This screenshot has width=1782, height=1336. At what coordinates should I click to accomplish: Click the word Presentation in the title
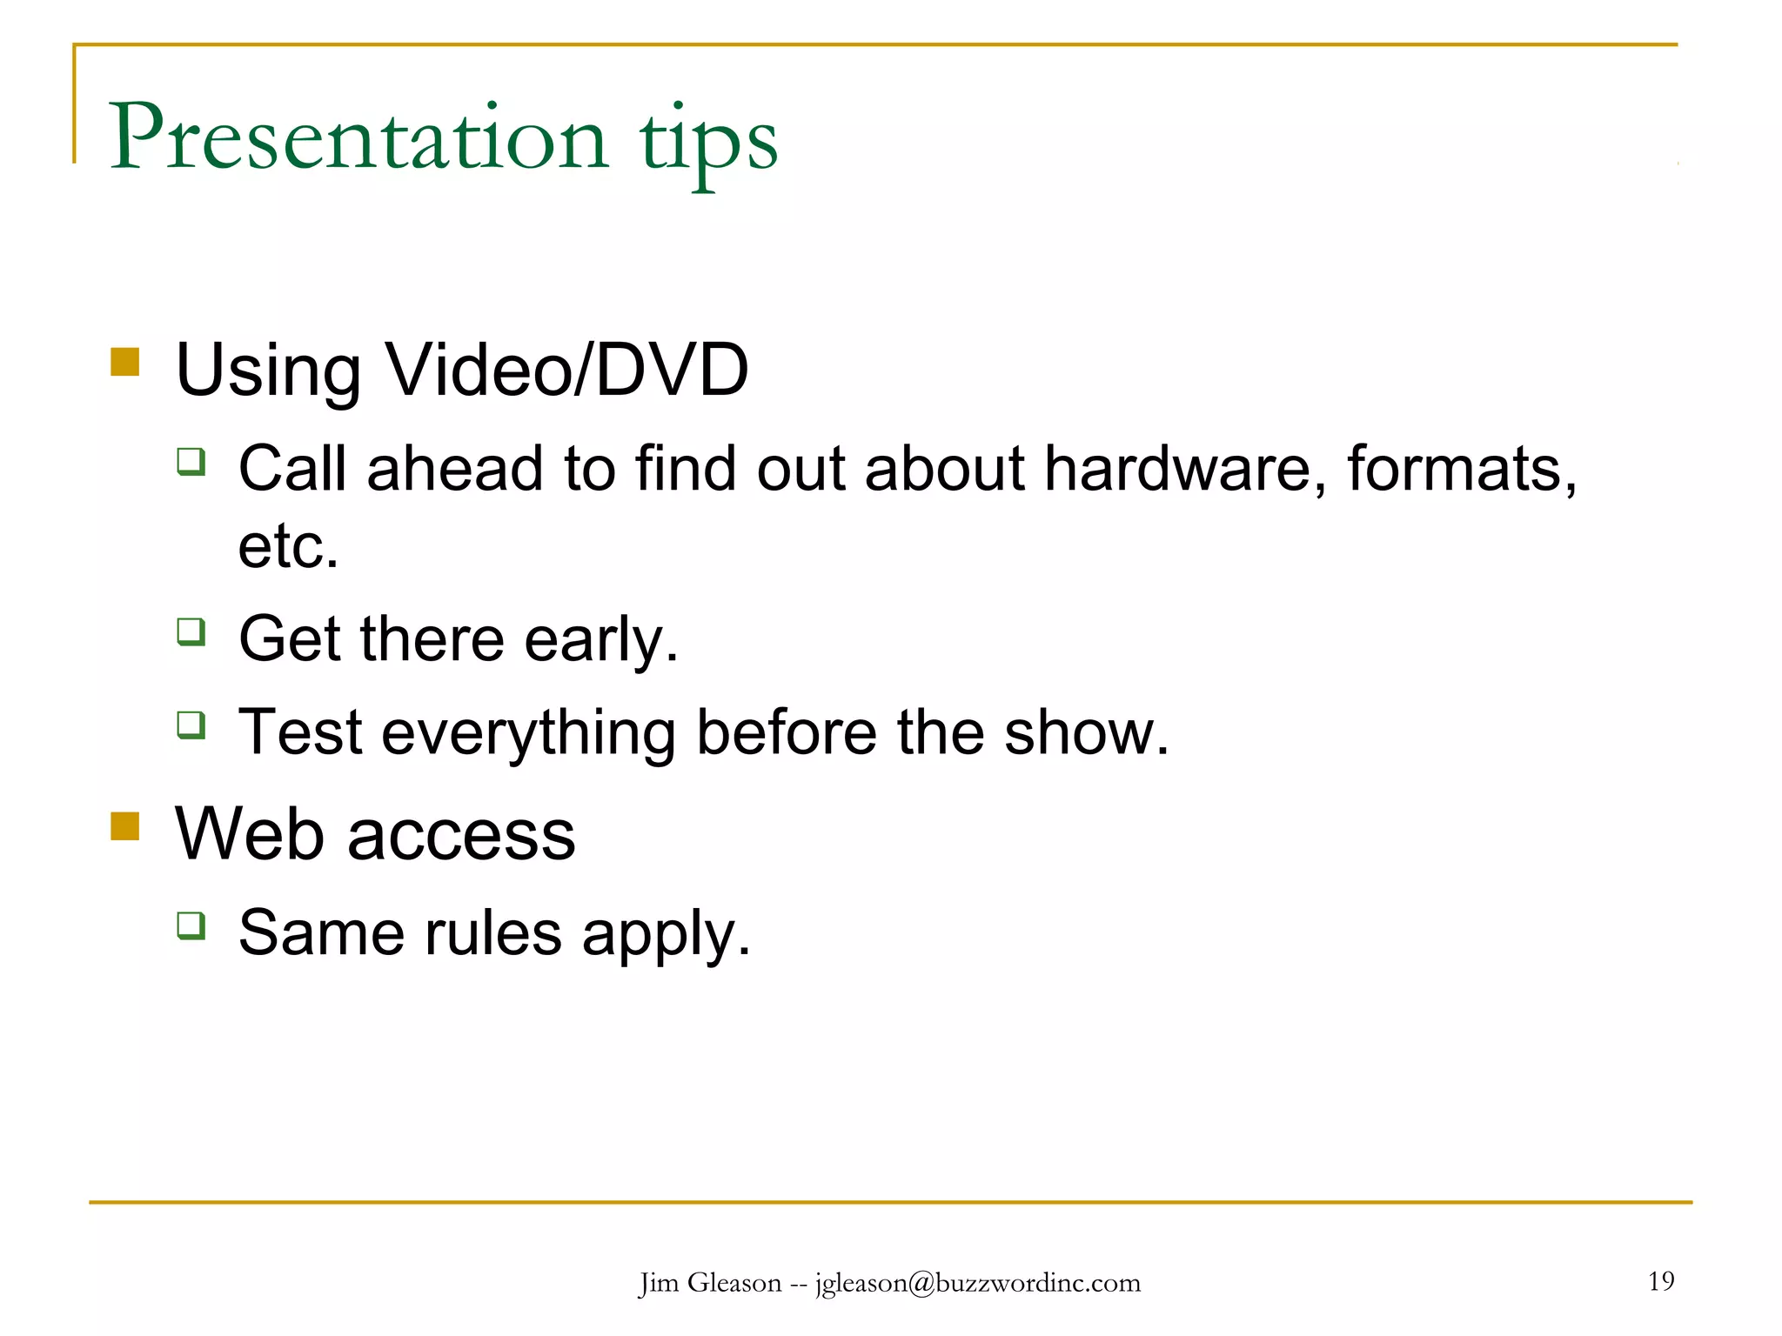(x=358, y=138)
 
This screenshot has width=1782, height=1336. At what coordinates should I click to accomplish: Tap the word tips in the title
(x=708, y=141)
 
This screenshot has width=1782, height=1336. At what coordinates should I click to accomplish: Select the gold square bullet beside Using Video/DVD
(x=125, y=362)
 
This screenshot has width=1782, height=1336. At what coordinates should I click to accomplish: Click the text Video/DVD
(x=566, y=370)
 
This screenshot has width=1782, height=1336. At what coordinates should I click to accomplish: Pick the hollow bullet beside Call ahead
(x=191, y=460)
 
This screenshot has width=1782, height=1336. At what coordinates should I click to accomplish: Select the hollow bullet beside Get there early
(x=191, y=631)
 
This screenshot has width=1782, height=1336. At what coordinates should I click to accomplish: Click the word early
(x=601, y=639)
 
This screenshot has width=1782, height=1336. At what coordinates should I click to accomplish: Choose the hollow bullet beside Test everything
(x=191, y=725)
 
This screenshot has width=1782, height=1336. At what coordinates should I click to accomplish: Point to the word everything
(x=528, y=733)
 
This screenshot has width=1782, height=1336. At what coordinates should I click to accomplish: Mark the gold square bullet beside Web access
(x=125, y=826)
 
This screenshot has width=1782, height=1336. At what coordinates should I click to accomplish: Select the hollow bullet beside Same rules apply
(x=191, y=925)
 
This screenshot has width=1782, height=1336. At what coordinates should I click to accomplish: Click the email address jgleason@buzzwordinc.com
(x=978, y=1283)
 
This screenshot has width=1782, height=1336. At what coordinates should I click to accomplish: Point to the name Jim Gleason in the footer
(x=710, y=1283)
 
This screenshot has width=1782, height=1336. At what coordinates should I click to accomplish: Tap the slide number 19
(x=1661, y=1281)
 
